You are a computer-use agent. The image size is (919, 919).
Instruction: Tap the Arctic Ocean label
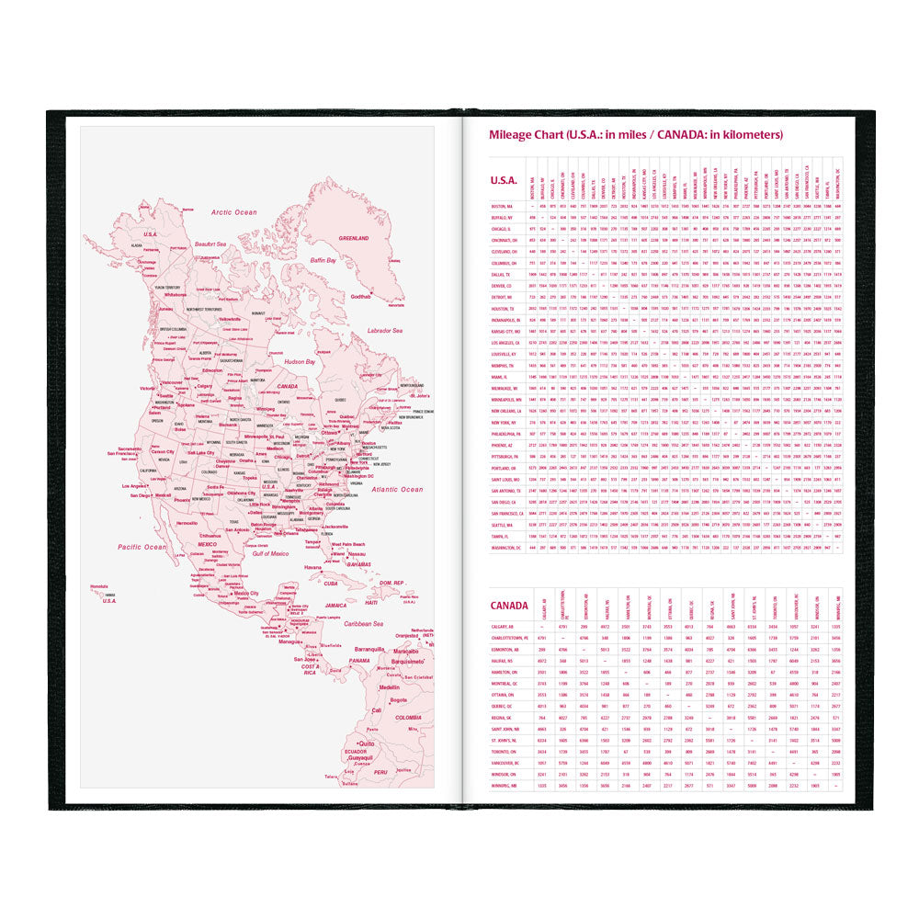coord(234,212)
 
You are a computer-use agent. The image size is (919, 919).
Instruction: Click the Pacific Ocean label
coord(142,547)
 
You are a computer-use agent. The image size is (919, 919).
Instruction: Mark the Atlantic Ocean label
coord(398,490)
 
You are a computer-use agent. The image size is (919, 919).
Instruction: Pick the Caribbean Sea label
coord(357,623)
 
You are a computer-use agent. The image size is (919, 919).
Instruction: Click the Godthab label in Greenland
coord(361,297)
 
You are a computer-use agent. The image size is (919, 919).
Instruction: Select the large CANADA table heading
coord(509,606)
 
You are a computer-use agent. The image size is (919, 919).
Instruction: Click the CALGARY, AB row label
coord(508,626)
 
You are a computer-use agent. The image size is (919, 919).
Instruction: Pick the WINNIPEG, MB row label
coord(508,786)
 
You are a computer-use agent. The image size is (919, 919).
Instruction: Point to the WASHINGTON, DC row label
coord(507,548)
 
